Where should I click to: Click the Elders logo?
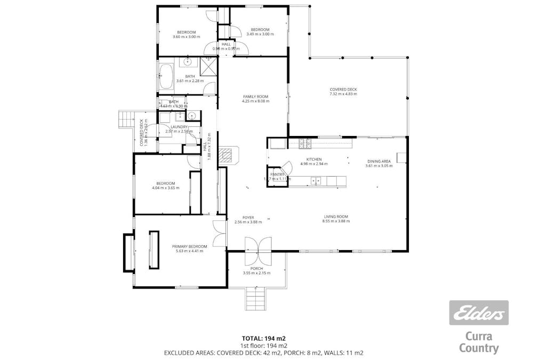pyautogui.click(x=478, y=313)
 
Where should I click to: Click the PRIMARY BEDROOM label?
pyautogui.click(x=189, y=246)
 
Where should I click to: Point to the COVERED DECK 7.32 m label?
pyautogui.click(x=343, y=90)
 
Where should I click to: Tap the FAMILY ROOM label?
pyautogui.click(x=255, y=97)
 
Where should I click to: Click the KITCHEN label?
pyautogui.click(x=314, y=159)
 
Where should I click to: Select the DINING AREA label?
pyautogui.click(x=378, y=161)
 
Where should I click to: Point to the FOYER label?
pyautogui.click(x=248, y=217)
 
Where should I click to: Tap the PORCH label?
pyautogui.click(x=256, y=268)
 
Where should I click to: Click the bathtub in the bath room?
pyautogui.click(x=166, y=76)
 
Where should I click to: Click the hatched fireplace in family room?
pyautogui.click(x=228, y=154)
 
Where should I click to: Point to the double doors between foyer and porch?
pyautogui.click(x=257, y=245)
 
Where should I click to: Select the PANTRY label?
pyautogui.click(x=277, y=174)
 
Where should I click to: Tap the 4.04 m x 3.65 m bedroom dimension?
pyautogui.click(x=165, y=188)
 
